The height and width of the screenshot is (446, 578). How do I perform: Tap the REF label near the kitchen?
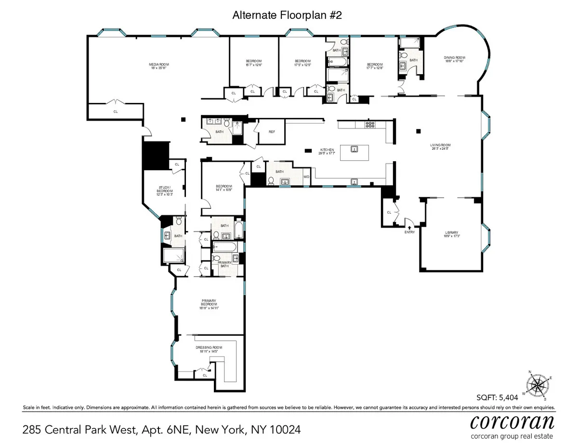click(272, 132)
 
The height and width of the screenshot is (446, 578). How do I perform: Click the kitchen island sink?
click(354, 149)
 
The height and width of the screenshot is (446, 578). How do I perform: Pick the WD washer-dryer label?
click(306, 177)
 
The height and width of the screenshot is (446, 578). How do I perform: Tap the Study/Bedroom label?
click(164, 190)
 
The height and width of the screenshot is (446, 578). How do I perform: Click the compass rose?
click(539, 385)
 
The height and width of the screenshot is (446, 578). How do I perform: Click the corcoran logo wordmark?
click(512, 424)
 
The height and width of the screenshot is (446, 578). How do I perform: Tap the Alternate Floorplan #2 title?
click(287, 14)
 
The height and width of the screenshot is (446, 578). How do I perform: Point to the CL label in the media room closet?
click(116, 112)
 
